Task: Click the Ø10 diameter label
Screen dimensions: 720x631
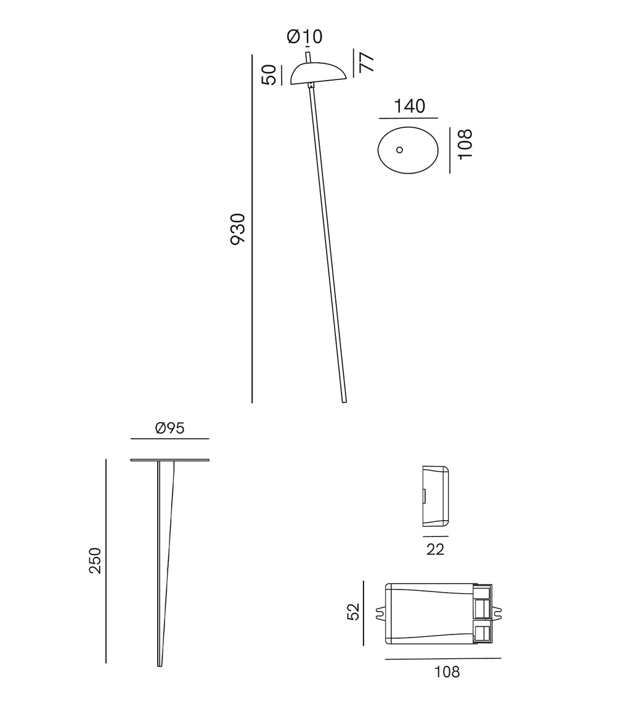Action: pyautogui.click(x=304, y=37)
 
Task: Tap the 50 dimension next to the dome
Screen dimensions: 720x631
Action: pyautogui.click(x=269, y=74)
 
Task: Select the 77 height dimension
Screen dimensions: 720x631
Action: pyautogui.click(x=366, y=62)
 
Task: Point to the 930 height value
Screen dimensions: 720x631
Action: pyautogui.click(x=238, y=229)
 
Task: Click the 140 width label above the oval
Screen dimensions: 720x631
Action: pyautogui.click(x=409, y=106)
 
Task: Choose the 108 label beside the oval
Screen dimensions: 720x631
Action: pyautogui.click(x=465, y=144)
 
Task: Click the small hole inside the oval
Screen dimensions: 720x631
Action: pyautogui.click(x=399, y=150)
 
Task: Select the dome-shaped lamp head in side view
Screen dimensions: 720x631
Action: pyautogui.click(x=317, y=73)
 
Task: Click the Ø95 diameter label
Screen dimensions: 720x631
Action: pyautogui.click(x=170, y=428)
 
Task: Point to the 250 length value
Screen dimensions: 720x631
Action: pyautogui.click(x=96, y=561)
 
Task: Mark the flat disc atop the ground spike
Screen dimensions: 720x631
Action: pyautogui.click(x=169, y=460)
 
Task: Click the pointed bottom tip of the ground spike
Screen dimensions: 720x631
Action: pyautogui.click(x=160, y=664)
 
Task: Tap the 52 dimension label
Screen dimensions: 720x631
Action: pyautogui.click(x=353, y=612)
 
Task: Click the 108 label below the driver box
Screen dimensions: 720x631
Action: pyautogui.click(x=447, y=672)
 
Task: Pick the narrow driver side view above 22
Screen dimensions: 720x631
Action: pyautogui.click(x=435, y=496)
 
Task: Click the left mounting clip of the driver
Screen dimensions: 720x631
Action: pyautogui.click(x=380, y=614)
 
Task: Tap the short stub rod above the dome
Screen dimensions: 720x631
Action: pyautogui.click(x=308, y=57)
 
